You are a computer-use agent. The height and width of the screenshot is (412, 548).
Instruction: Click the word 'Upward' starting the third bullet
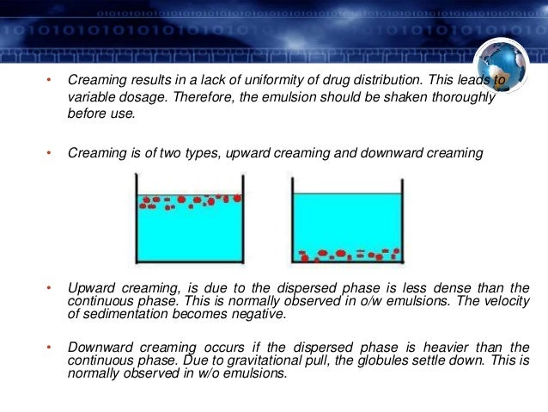(x=88, y=286)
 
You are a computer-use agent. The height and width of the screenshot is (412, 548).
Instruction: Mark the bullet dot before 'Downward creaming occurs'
(x=50, y=347)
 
